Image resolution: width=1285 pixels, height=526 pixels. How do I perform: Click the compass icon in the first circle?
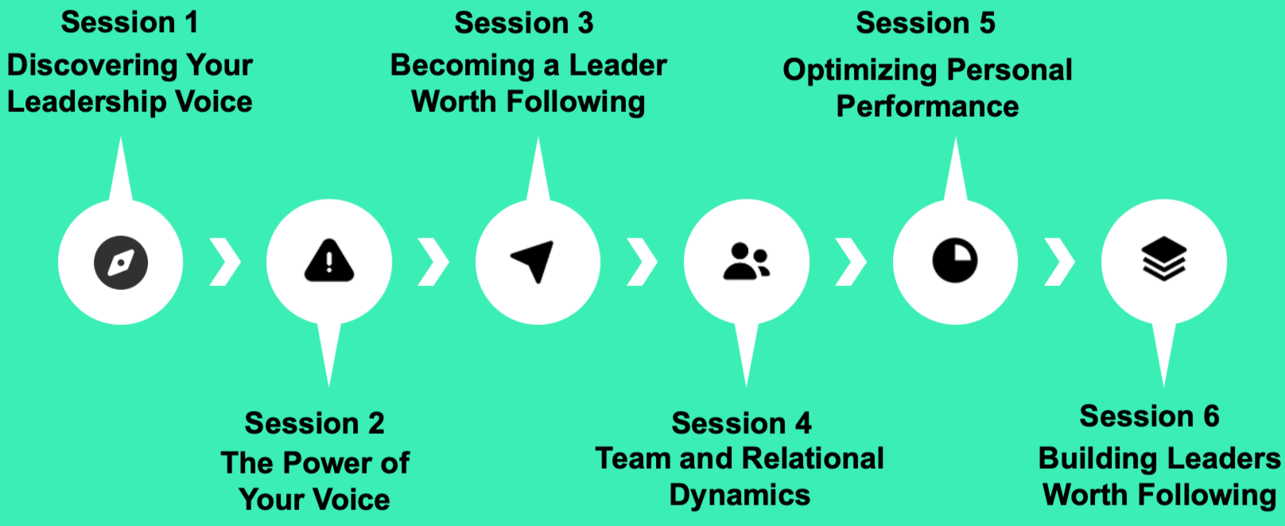point(121,262)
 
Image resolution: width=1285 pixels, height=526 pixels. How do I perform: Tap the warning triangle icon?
point(329,261)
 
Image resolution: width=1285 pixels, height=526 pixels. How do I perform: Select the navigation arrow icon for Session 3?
point(533,261)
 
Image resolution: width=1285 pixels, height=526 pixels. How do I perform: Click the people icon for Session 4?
point(746,261)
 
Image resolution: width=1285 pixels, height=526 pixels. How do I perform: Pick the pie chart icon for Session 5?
point(955,261)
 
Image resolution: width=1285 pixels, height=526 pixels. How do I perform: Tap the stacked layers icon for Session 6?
point(1164,259)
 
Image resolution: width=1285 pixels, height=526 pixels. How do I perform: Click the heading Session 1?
point(130,22)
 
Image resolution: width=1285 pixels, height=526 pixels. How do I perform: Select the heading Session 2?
point(314,424)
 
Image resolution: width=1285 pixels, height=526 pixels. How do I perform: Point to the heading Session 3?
point(524,23)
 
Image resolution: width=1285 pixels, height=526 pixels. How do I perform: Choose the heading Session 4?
point(741,424)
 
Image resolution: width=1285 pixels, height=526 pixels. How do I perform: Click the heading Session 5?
point(926,23)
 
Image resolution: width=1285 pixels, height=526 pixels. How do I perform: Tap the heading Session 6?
point(1149,416)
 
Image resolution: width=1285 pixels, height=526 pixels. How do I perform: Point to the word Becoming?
point(462,65)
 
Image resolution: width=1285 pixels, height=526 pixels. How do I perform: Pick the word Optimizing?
point(860,71)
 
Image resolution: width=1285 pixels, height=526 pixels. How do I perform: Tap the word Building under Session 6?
point(1092,458)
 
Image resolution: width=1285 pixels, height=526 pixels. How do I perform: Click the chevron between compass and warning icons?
point(225,261)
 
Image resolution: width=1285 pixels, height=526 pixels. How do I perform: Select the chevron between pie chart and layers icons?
point(1059,261)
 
